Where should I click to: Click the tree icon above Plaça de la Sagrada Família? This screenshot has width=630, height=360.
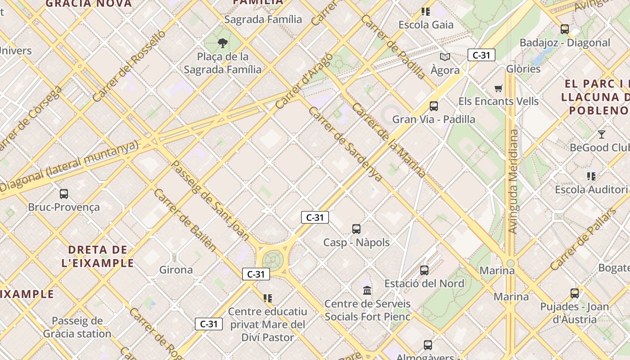point(222,43)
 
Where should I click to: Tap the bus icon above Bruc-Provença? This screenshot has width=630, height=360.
point(64,194)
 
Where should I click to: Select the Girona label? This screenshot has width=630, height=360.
point(176,270)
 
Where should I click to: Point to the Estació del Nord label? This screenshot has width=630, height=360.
point(424,283)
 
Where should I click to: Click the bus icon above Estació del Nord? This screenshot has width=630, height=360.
point(424,270)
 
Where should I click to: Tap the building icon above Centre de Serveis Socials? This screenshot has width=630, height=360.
point(367,290)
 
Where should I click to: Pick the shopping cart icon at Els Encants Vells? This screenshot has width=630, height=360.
point(498,88)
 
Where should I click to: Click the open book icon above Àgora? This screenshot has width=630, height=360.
point(445,57)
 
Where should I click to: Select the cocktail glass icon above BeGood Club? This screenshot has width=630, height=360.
point(602,134)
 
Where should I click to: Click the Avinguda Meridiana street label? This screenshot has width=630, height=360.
point(513,181)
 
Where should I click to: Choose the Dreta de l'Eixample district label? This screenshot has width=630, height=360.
point(98,256)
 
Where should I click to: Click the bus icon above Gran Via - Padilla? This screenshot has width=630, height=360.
point(434,106)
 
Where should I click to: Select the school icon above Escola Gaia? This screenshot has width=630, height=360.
point(426,12)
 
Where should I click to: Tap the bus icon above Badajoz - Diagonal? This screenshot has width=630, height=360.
point(565,29)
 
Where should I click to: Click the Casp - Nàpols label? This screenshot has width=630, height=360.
point(356,243)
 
